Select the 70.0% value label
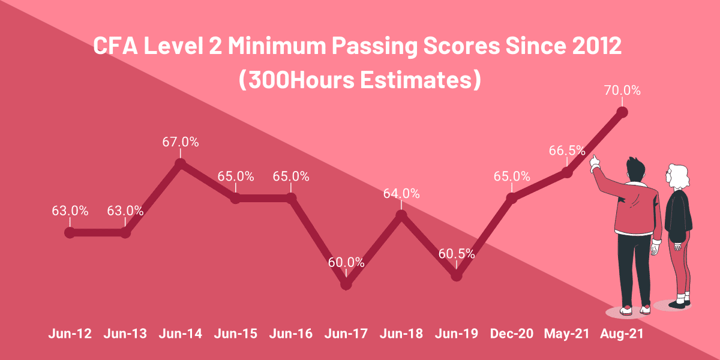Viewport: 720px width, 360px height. pos(622,91)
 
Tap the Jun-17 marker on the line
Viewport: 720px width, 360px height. pos(346,284)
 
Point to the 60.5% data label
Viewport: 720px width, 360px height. pos(457,253)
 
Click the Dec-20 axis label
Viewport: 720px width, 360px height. pos(511,334)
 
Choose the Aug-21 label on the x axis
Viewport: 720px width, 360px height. pos(622,334)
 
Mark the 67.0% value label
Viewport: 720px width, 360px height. pos(180,142)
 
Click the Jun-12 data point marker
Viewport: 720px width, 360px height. pos(70,233)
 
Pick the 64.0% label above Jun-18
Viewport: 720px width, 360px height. pos(401,193)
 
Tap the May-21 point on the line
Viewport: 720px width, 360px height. pos(566,172)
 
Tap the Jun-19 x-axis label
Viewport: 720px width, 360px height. pos(457,334)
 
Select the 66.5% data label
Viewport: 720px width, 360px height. pos(566,151)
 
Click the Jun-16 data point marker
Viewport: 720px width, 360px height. pos(291,198)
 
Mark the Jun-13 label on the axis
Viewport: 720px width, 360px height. pos(125,334)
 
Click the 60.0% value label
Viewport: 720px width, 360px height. pos(346,262)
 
